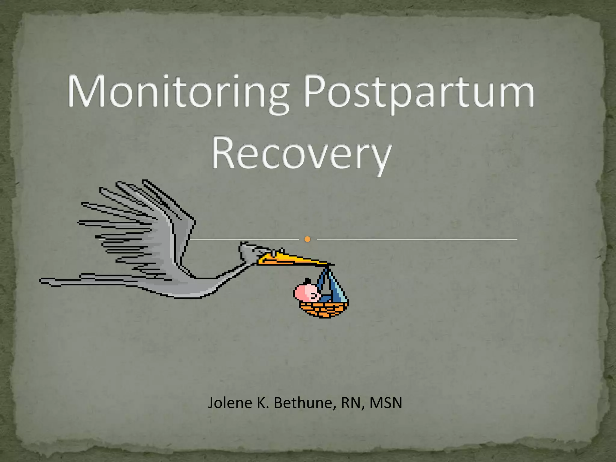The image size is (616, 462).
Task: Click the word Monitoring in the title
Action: (x=177, y=92)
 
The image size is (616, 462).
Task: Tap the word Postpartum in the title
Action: (x=420, y=92)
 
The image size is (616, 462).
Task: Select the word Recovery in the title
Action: (x=302, y=153)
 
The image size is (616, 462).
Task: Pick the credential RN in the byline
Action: (x=351, y=403)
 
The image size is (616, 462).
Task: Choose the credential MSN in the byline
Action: (x=386, y=403)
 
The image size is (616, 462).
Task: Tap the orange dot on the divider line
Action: (x=307, y=239)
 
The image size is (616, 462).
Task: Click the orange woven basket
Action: (x=323, y=310)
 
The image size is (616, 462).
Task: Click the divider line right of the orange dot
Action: (x=417, y=239)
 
